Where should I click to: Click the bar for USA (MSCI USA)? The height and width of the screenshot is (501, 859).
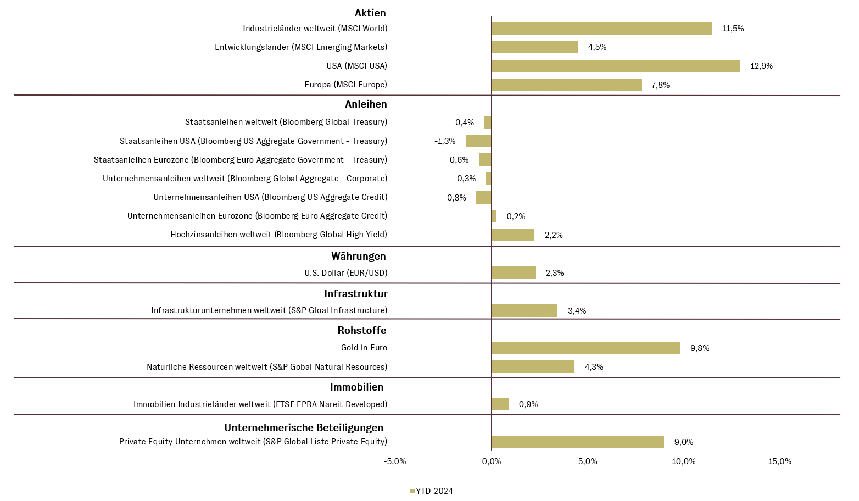615,66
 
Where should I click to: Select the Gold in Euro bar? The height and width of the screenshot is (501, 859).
585,348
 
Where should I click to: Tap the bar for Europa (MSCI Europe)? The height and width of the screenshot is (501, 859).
566,85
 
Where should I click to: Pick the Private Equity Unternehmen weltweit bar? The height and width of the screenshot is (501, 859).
577,442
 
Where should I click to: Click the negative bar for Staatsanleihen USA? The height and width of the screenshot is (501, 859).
478,141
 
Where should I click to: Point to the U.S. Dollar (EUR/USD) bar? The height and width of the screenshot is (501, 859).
514,272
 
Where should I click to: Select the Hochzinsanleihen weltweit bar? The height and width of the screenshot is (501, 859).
513,235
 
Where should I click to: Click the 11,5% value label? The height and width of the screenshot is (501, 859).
733,29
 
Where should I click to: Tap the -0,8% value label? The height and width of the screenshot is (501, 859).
455,198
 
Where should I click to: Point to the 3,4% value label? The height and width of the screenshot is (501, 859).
577,311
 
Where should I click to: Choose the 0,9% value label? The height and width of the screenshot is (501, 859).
528,404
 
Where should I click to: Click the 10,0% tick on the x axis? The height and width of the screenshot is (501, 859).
683,461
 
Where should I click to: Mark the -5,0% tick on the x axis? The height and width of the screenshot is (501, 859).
394,461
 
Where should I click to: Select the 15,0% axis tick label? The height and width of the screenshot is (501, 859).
779,461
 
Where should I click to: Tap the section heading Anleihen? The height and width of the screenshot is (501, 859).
366,104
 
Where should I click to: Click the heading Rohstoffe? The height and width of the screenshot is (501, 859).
362,331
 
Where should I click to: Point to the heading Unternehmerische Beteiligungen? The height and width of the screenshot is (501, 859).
304,427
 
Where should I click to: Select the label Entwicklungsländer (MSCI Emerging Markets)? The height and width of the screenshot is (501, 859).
301,47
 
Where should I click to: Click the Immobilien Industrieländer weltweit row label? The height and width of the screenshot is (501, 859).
260,404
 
